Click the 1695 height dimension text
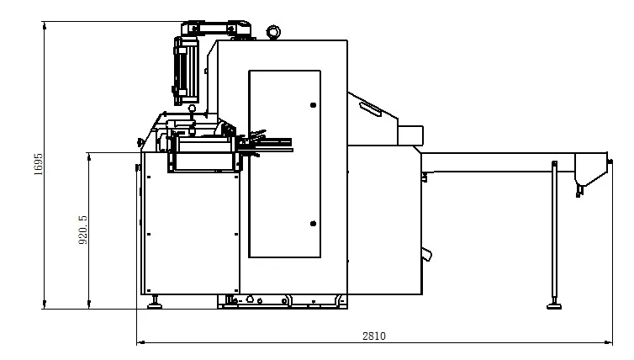[39, 164]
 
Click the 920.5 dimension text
[82, 230]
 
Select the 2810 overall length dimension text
[374, 336]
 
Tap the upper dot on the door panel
[313, 105]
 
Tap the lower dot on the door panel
[313, 223]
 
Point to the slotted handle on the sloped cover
[370, 109]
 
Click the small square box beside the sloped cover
[410, 135]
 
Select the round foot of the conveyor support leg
[554, 306]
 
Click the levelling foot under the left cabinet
[155, 304]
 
